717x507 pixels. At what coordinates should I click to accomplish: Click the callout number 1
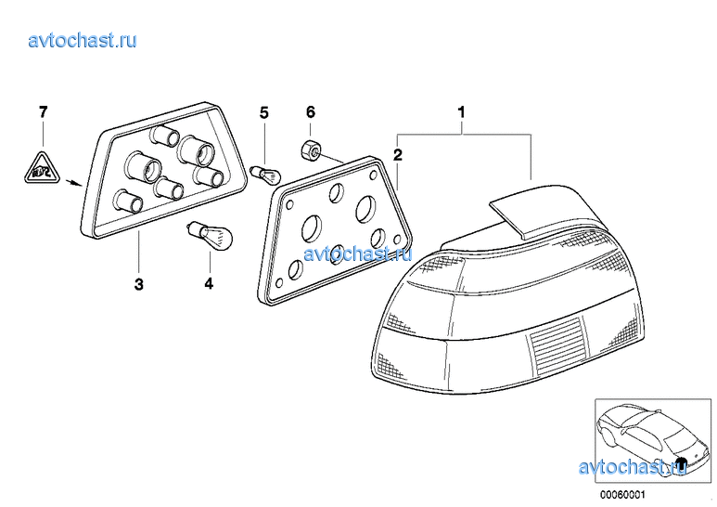point(461,111)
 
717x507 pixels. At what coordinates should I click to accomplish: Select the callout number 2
point(398,155)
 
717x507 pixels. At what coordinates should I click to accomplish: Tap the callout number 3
point(139,284)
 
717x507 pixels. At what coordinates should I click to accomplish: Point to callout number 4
point(209,284)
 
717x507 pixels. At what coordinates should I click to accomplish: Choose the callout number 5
point(264,112)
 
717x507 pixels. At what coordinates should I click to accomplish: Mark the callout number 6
point(311,111)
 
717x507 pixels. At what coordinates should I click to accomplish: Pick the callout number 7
point(43,111)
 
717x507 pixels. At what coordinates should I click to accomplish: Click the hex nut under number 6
point(310,149)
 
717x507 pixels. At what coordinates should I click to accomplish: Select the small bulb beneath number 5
point(265,175)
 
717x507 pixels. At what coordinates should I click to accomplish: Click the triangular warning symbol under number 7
point(42,168)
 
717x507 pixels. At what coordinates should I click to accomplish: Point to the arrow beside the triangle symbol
point(73,183)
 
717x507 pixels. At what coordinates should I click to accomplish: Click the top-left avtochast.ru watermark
point(83,40)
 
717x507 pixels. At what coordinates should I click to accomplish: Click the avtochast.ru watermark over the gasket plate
point(358,253)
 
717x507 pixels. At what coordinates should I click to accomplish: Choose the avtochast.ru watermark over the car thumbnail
point(633,467)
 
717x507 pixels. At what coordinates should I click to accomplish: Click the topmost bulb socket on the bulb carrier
point(164,135)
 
